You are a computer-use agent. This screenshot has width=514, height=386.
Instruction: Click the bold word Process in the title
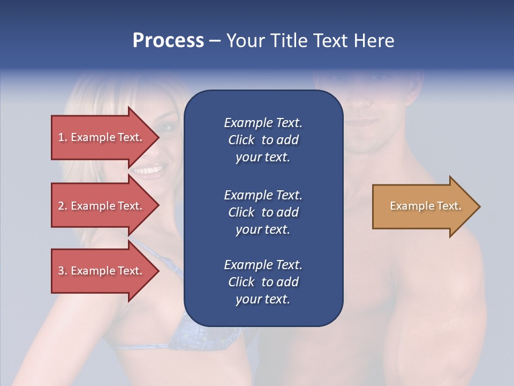(x=168, y=41)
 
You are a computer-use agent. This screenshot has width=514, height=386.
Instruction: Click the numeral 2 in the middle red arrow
(x=61, y=206)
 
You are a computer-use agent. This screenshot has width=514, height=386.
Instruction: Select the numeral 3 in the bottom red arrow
(x=61, y=271)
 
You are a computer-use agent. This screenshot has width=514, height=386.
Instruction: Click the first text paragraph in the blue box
(x=263, y=140)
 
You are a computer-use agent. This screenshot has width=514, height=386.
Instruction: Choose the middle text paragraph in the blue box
(x=263, y=212)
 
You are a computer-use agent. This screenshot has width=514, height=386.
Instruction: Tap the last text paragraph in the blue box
(x=263, y=282)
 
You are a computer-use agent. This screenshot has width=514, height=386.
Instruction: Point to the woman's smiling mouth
(x=146, y=170)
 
